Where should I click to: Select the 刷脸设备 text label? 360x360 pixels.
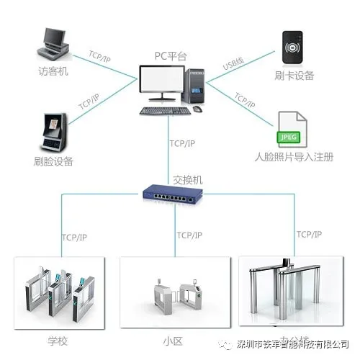click(x=53, y=161)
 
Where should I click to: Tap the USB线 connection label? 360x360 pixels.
click(x=233, y=65)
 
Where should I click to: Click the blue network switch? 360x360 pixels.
click(x=171, y=193)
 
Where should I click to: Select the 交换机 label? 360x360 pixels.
click(x=188, y=179)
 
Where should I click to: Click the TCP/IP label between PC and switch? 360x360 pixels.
click(x=181, y=144)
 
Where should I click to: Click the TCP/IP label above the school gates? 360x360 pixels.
click(x=75, y=237)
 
